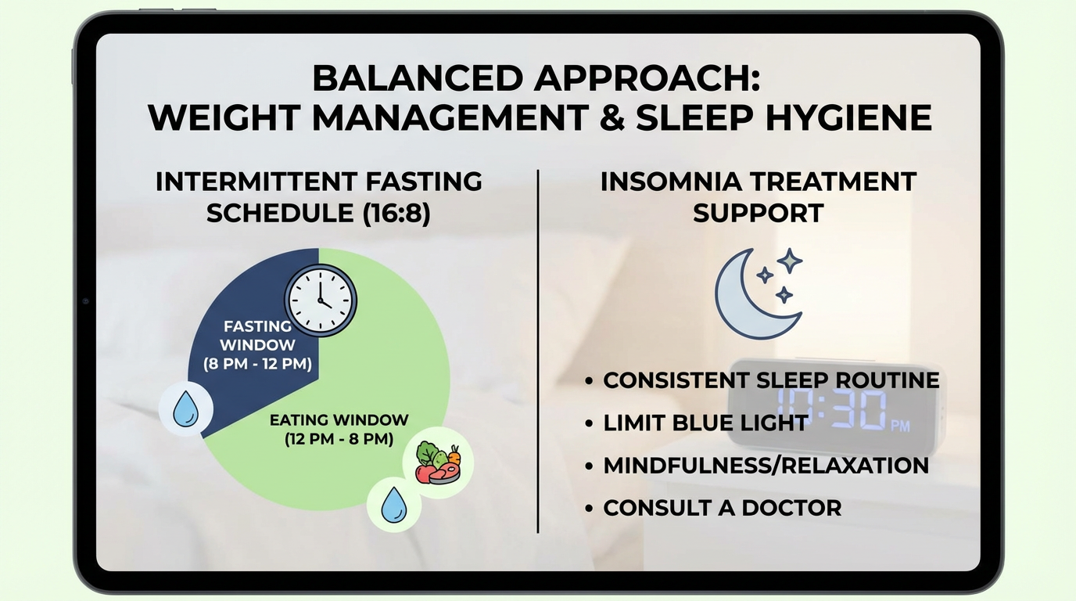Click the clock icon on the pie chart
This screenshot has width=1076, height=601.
(x=320, y=300)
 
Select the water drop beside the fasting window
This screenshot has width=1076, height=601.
(x=185, y=409)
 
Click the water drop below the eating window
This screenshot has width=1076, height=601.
(x=394, y=506)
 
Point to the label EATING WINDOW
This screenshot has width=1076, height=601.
(x=339, y=420)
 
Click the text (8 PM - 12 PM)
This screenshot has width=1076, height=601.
(x=257, y=364)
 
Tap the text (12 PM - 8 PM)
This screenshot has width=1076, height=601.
(x=339, y=439)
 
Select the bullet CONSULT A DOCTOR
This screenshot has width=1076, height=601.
(x=722, y=507)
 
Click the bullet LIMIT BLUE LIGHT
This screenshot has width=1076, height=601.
(x=705, y=423)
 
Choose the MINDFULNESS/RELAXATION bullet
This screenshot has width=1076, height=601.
(x=766, y=465)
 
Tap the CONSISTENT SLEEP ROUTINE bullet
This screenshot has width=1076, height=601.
(x=771, y=380)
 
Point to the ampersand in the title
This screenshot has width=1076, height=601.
(x=611, y=117)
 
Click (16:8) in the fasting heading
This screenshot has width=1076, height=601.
(x=396, y=213)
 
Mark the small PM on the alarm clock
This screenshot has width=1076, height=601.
(x=900, y=426)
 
